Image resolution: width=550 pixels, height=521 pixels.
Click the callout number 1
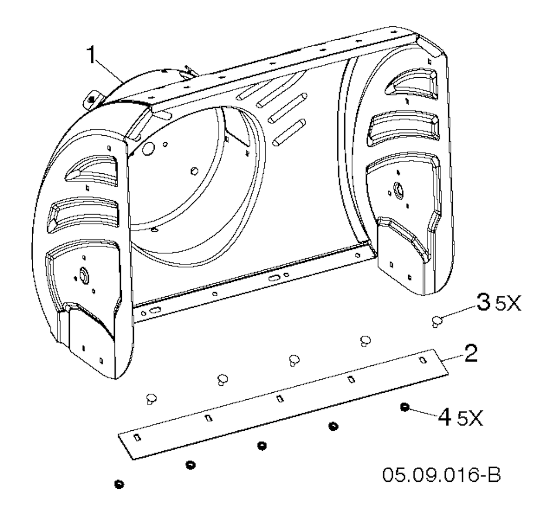[x=91, y=55]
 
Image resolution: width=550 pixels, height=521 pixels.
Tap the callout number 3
[x=484, y=302]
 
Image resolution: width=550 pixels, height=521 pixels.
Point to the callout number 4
[x=445, y=417]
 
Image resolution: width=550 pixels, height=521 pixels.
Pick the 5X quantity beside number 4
[x=470, y=420]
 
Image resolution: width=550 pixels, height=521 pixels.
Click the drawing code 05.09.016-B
[x=442, y=475]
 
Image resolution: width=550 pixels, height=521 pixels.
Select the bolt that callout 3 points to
[x=437, y=320]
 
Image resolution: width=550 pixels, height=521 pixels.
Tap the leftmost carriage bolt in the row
[x=151, y=399]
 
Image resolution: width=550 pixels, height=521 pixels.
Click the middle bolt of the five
[x=294, y=360]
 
